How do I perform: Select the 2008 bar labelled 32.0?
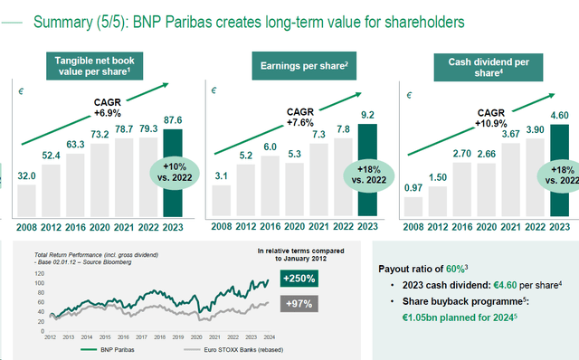27,199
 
